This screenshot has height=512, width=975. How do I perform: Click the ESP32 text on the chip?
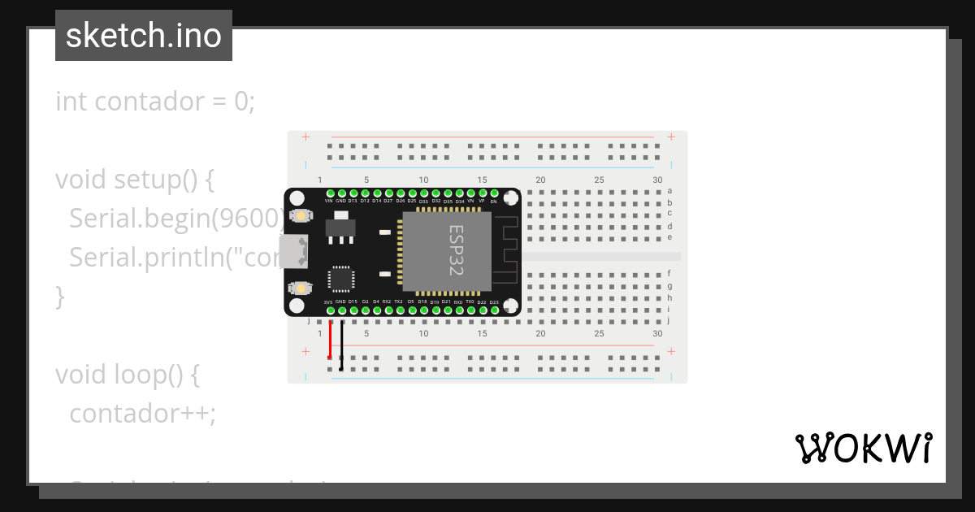coord(456,251)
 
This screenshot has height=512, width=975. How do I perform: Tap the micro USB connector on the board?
coord(293,251)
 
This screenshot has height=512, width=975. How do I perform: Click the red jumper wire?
coord(330,339)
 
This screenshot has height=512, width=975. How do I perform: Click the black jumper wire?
coord(341,345)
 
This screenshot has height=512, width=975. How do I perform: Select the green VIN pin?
coord(329,193)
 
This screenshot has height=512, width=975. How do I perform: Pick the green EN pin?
coord(494,193)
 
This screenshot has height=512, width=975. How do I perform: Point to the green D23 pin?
coord(494,310)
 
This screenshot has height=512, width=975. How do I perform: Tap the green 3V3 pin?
coord(329,310)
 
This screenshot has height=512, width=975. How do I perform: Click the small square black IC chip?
coord(340,279)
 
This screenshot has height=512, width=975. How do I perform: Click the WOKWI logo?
coord(863,449)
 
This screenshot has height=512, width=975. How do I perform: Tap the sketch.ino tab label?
coord(144,36)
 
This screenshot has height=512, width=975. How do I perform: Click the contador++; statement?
coord(143,413)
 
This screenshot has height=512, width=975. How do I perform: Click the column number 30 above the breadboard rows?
coord(657,180)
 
